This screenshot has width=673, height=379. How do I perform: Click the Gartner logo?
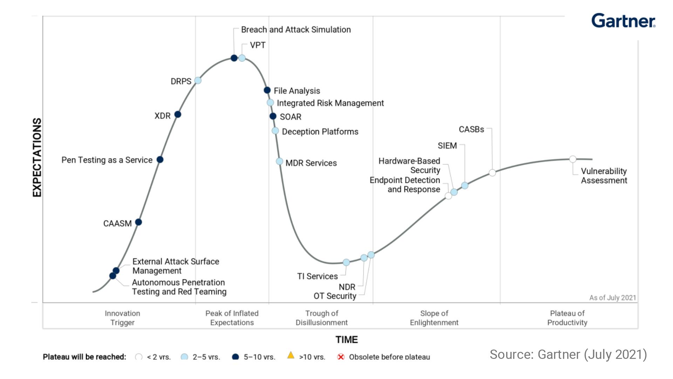pos(623,21)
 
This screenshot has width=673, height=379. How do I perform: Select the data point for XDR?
pos(178,114)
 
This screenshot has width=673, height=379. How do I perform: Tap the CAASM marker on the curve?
pos(138,222)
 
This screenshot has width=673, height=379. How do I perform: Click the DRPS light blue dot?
pos(198,80)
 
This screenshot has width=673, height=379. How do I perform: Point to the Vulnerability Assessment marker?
pos(573,159)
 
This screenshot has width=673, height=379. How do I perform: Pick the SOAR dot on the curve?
pos(273,116)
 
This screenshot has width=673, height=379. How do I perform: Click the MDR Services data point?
pos(279,161)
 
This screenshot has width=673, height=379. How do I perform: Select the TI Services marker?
pos(346,262)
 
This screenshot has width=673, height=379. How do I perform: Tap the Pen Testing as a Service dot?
pos(160,160)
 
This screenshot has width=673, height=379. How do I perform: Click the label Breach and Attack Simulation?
pos(296,30)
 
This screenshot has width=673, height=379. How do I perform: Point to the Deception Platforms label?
pos(320,132)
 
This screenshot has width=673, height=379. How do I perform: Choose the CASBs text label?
pos(471,129)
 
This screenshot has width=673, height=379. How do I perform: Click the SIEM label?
pos(447,146)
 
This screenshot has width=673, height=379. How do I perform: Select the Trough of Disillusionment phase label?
pos(321,318)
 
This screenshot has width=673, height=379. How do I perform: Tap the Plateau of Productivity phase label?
pos(567,318)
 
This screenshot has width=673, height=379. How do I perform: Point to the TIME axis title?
pos(347,340)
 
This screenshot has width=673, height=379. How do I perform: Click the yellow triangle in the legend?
pos(291,355)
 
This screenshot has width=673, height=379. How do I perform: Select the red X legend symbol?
pos(340,357)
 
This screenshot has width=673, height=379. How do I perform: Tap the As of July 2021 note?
pos(612,298)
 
